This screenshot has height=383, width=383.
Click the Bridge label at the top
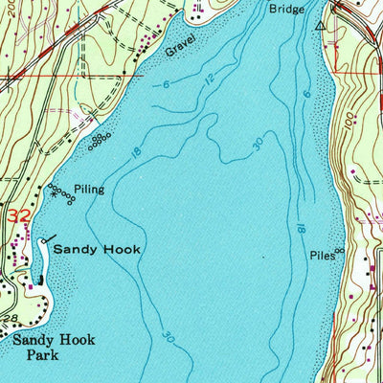(x=287, y=9)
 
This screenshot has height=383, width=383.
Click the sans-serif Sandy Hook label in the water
(x=97, y=249)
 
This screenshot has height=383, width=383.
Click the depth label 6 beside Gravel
(x=165, y=86)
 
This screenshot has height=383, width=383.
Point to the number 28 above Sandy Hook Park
(x=12, y=317)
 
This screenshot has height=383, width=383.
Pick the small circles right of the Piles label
(x=339, y=251)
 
